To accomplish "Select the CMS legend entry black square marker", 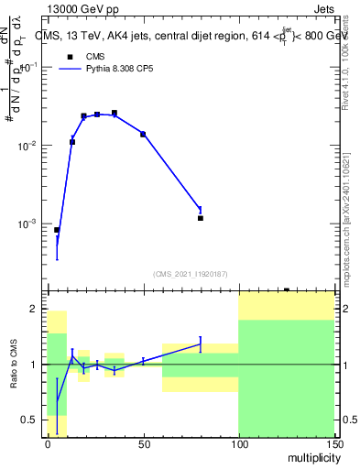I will [x=70, y=57].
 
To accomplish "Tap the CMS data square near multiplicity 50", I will [x=143, y=134].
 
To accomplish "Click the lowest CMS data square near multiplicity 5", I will [x=57, y=230].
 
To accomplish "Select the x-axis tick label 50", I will [x=143, y=442].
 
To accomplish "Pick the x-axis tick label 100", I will [x=238, y=442].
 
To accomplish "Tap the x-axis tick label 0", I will [x=48, y=442].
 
